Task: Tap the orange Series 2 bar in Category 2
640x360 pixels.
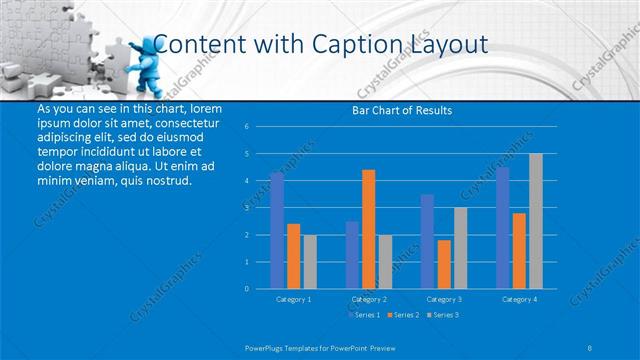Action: click(x=368, y=229)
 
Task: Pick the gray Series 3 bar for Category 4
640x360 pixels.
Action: click(x=535, y=221)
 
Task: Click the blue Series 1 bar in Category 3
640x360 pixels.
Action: click(x=427, y=241)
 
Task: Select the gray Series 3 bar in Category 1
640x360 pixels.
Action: click(x=310, y=261)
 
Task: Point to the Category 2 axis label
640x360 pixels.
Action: click(x=368, y=299)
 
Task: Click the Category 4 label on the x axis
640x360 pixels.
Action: click(x=518, y=299)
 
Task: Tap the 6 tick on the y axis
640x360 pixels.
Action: click(x=246, y=127)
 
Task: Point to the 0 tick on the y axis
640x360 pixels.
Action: click(x=246, y=288)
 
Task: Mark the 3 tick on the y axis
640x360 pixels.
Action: click(x=246, y=208)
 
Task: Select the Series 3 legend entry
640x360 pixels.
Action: click(x=442, y=315)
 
